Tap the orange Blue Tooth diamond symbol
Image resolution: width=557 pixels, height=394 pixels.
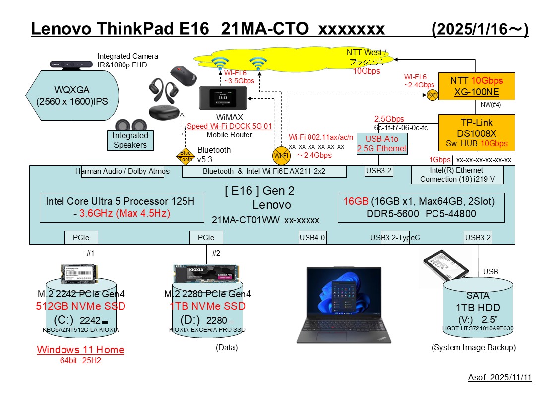point(185,156)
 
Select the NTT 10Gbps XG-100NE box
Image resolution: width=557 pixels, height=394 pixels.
point(476,86)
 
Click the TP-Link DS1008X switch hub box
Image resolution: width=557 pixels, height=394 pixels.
point(476,132)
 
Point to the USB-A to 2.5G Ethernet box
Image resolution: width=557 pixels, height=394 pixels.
point(382,143)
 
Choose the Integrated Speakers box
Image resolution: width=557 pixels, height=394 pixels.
point(130,140)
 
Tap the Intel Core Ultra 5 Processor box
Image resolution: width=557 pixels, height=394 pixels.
point(122,207)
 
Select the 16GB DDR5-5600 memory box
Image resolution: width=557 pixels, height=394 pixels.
point(421,207)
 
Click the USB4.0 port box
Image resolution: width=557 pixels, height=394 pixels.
point(312,238)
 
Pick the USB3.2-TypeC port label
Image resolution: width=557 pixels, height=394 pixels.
point(395,238)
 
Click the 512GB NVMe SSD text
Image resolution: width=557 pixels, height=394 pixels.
point(80,306)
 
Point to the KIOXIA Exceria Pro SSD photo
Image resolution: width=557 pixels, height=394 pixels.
point(206,273)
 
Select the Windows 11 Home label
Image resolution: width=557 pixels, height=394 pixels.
point(80,350)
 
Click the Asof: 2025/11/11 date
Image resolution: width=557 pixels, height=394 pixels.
point(499,378)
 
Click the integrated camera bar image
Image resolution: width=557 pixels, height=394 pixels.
point(72,64)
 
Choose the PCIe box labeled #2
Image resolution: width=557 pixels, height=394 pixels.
point(206,238)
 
